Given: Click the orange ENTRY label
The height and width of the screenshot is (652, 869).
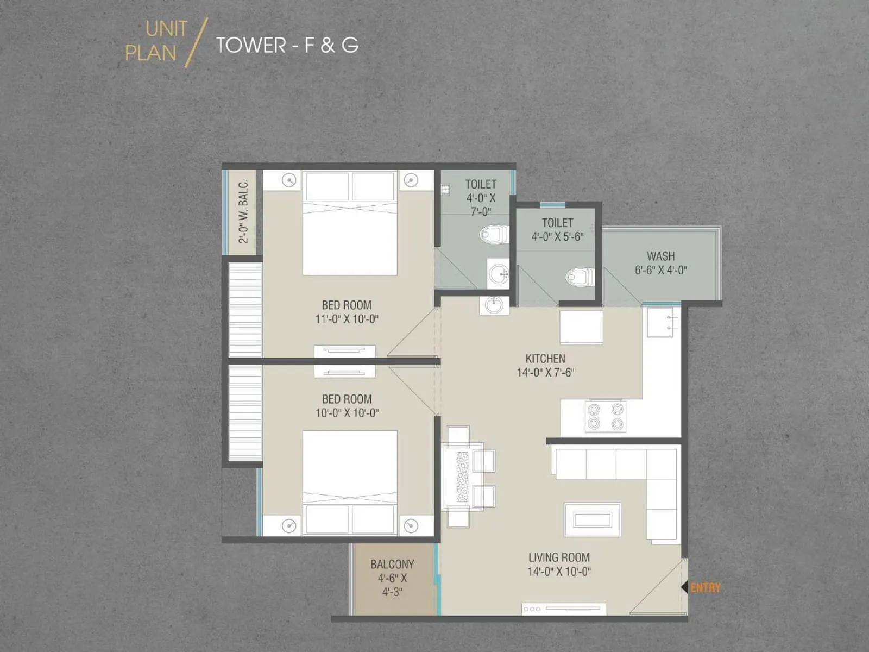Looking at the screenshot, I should tap(706, 587).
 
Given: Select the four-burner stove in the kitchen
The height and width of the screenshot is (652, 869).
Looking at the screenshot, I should tap(606, 417).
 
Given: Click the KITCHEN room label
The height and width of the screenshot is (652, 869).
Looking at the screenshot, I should tap(545, 359).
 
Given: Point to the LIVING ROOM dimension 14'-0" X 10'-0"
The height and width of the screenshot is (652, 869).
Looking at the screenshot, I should tap(559, 572).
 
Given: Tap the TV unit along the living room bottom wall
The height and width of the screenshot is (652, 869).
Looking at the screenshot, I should tap(564, 609).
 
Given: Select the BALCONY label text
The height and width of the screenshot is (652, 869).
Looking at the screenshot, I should tap(392, 565).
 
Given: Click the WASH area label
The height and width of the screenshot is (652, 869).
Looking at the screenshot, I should tap(660, 256).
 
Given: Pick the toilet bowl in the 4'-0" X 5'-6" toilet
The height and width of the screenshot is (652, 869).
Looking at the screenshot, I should tap(578, 278).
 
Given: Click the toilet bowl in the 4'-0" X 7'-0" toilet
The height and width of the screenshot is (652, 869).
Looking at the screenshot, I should tap(493, 235).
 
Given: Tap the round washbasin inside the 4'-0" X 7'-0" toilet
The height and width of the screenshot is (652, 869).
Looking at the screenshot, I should tap(498, 274).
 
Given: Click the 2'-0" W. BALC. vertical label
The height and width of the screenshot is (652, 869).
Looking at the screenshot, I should tap(243, 212).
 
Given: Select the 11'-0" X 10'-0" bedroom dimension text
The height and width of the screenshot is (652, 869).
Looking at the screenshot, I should tap(347, 319).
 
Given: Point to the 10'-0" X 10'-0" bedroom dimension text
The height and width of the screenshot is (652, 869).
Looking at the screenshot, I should tap(347, 413).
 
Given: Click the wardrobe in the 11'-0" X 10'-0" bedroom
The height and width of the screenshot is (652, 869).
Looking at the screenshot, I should tap(245, 310).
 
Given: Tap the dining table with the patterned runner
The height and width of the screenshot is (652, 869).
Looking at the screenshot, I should tap(462, 476).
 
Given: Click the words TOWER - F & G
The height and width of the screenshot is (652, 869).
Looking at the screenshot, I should tap(287, 45).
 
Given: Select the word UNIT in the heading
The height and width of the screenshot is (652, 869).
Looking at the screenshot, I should tap(166, 29).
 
